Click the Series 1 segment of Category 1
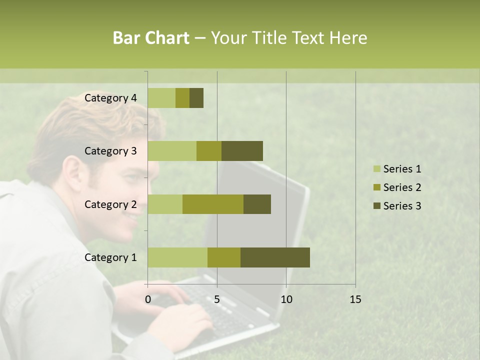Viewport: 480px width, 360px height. tap(177, 257)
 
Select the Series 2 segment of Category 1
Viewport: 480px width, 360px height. tap(224, 257)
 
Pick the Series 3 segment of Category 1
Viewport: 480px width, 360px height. tap(275, 257)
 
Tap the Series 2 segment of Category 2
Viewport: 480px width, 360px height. tap(213, 204)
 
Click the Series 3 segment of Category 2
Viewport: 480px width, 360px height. tap(257, 204)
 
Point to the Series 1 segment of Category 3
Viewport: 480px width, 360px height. tap(172, 151)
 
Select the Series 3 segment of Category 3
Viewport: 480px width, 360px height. tap(242, 151)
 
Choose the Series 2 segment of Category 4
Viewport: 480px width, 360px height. tap(182, 98)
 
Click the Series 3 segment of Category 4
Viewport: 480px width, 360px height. tap(196, 98)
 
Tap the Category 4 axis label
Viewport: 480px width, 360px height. tap(110, 98)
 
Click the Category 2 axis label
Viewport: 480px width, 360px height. tap(110, 204)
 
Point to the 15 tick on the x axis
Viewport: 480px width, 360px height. tap(355, 299)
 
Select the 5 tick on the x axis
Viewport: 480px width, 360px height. tap(217, 299)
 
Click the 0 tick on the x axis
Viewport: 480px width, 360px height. tap(148, 299)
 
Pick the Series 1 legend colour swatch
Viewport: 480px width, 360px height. tap(376, 169)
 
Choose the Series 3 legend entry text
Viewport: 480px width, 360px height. tap(402, 206)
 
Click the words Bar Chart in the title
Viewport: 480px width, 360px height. tap(151, 38)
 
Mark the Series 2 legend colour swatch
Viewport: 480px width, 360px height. tap(376, 187)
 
